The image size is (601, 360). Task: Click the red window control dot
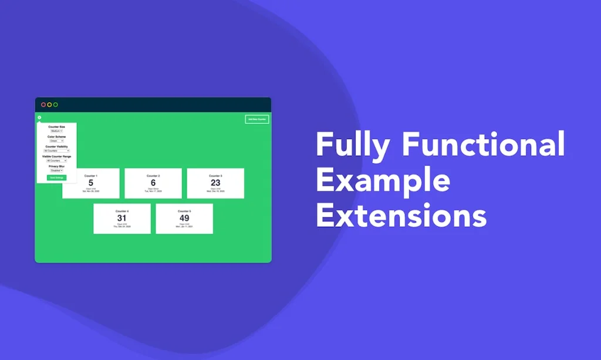click(x=43, y=105)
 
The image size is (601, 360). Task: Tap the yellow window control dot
click(x=49, y=105)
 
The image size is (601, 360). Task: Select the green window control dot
click(x=56, y=105)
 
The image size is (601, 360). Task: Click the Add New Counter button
click(x=256, y=119)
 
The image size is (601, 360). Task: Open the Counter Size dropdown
click(x=56, y=131)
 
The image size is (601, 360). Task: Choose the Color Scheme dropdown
click(x=56, y=141)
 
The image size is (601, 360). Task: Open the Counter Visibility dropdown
click(x=56, y=151)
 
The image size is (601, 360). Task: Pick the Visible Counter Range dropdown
click(x=56, y=161)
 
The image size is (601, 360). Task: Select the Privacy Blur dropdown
click(x=56, y=170)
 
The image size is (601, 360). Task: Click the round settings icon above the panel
click(x=39, y=117)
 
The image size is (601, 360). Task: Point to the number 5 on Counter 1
click(x=91, y=183)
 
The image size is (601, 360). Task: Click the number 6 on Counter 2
click(x=153, y=183)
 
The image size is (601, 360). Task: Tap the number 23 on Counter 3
click(x=215, y=183)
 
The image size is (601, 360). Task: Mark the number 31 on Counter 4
click(x=122, y=218)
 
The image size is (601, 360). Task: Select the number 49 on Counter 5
click(x=184, y=218)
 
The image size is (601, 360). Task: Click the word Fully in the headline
click(x=353, y=144)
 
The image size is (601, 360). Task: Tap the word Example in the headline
click(x=383, y=180)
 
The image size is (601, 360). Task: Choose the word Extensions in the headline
click(x=401, y=216)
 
